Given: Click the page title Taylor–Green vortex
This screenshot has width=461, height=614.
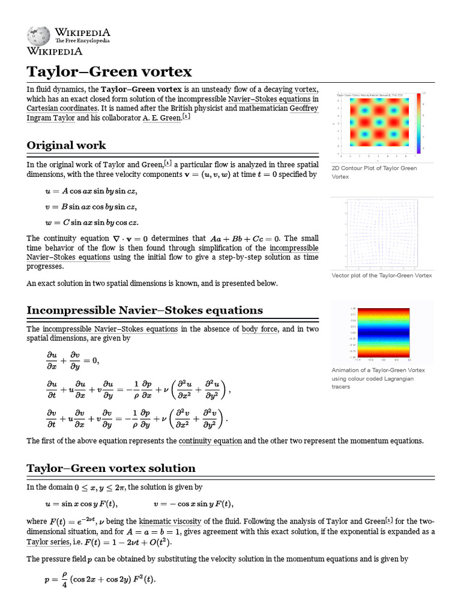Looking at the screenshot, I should click(x=109, y=72).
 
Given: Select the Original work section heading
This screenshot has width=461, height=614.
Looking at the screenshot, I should click(x=66, y=145).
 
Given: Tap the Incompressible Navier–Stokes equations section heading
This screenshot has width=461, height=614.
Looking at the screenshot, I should click(x=145, y=310).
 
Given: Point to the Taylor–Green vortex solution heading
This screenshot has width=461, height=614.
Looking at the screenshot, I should click(x=111, y=468).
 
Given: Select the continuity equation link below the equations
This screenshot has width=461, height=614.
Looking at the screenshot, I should click(x=210, y=441).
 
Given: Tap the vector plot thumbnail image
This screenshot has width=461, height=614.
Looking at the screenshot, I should click(x=382, y=234).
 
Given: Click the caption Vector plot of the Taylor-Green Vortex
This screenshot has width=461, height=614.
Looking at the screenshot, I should click(x=382, y=275).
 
